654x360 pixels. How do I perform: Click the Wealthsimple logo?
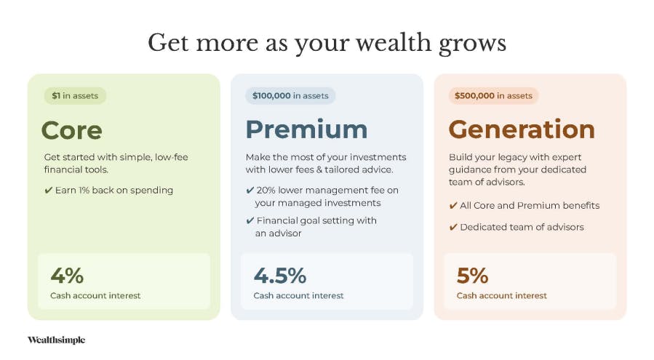(56, 340)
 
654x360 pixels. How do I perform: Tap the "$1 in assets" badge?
(75, 95)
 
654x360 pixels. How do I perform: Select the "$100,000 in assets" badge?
(290, 95)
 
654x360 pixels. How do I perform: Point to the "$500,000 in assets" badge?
(493, 95)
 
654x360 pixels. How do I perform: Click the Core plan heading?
(72, 130)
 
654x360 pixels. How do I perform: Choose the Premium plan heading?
(306, 129)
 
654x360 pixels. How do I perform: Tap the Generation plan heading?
(522, 129)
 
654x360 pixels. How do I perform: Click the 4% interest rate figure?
(67, 276)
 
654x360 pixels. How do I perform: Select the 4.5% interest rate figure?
(280, 276)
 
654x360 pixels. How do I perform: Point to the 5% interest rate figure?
(473, 276)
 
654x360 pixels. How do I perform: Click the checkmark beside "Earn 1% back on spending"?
(49, 191)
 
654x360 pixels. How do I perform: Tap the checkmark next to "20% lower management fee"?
(250, 191)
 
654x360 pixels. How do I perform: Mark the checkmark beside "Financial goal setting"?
(250, 220)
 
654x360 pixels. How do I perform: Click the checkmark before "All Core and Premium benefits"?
(453, 206)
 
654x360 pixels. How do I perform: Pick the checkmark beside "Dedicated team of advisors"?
(453, 228)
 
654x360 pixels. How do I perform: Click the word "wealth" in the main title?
(394, 43)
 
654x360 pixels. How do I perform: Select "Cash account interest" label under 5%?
(501, 296)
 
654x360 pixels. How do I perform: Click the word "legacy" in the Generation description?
(499, 158)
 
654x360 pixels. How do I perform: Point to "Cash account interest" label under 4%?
(95, 296)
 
